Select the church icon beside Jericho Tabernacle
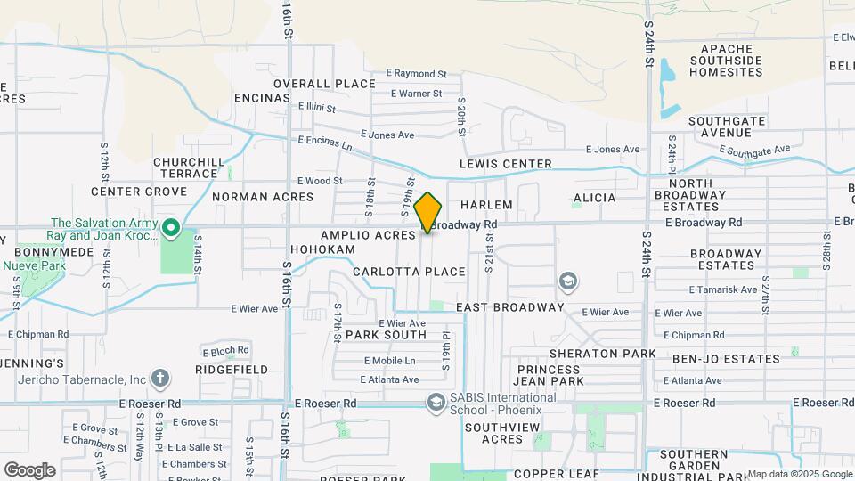tap(160, 379)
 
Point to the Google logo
tap(29, 469)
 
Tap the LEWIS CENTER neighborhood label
tap(505, 164)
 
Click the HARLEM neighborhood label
tap(487, 205)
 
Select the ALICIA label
tap(595, 197)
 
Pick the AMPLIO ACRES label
tap(368, 235)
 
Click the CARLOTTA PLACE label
tap(409, 272)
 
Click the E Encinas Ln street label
tap(325, 142)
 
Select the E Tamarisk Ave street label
tap(722, 289)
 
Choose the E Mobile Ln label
tap(389, 361)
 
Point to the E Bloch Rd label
tap(224, 350)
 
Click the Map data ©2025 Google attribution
tap(798, 474)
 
